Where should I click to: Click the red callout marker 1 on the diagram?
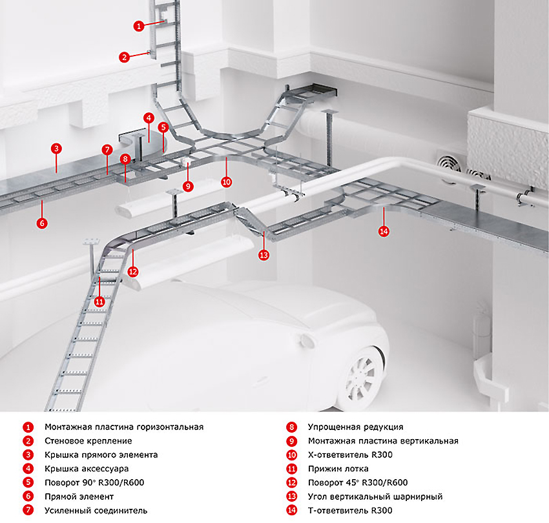139,26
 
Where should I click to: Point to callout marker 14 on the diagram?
384,231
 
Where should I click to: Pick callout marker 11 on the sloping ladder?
99,301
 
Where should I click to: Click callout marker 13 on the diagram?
263,255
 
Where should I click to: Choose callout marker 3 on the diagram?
56,149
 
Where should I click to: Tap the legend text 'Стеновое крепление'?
88,441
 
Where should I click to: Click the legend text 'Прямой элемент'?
79,497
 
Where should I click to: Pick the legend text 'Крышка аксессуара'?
87,469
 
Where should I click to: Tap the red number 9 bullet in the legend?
291,441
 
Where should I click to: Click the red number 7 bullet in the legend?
28,511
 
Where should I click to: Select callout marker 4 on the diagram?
149,118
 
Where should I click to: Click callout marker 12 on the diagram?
133,272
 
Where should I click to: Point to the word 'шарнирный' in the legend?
421,497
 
